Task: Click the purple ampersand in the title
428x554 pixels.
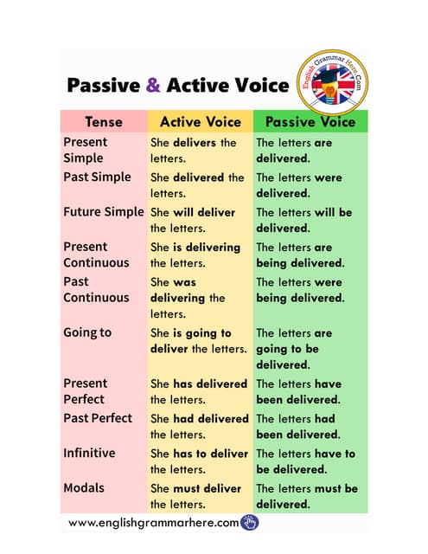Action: tap(152, 85)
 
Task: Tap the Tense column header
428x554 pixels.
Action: tap(103, 121)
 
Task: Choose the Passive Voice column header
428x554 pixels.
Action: tap(310, 121)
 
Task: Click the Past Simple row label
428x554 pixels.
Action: tap(97, 177)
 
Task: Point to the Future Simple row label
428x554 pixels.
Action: tap(103, 211)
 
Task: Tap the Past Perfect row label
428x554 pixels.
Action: tap(98, 417)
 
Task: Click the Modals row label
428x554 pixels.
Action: tap(84, 487)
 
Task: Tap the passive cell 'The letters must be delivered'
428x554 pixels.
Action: tap(306, 496)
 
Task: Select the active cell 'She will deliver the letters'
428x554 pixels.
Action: tap(193, 220)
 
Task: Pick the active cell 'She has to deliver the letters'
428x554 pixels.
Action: tap(199, 461)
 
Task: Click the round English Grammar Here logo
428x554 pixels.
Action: tap(332, 85)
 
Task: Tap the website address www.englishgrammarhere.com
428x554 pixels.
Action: tap(153, 522)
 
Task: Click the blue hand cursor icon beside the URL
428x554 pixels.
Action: tap(250, 521)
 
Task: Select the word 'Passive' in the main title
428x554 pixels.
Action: tap(102, 85)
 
